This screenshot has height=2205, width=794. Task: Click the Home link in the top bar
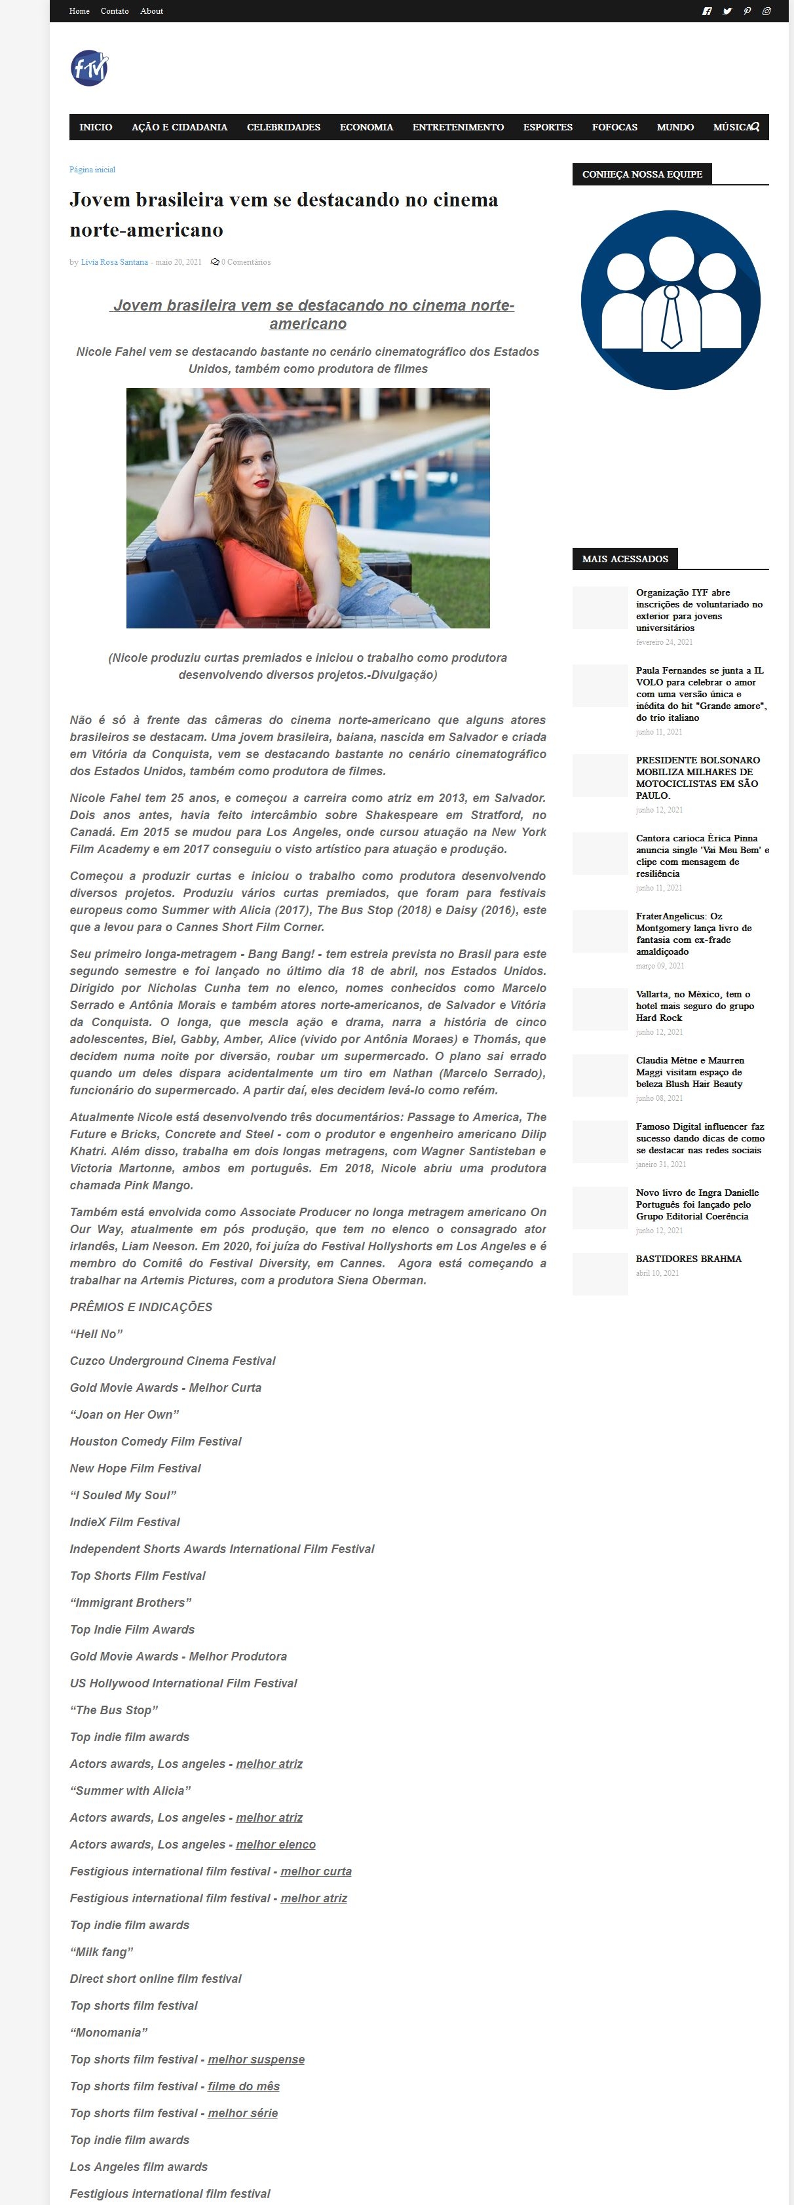pyautogui.click(x=79, y=11)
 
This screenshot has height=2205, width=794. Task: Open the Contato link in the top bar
pyautogui.click(x=115, y=11)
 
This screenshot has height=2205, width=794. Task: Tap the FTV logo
pyautogui.click(x=89, y=69)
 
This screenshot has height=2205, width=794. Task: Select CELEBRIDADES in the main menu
pyautogui.click(x=283, y=126)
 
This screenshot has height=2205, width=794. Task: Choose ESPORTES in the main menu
pyautogui.click(x=548, y=126)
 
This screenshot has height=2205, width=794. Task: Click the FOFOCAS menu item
pyautogui.click(x=614, y=126)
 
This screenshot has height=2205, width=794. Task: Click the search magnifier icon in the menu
pyautogui.click(x=755, y=126)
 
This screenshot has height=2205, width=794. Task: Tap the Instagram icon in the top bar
pyautogui.click(x=766, y=11)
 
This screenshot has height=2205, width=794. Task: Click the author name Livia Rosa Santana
pyautogui.click(x=114, y=262)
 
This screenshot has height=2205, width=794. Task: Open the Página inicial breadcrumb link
pyautogui.click(x=92, y=170)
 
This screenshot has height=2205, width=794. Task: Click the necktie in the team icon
pyautogui.click(x=671, y=316)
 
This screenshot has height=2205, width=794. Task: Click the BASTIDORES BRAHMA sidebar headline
pyautogui.click(x=689, y=1258)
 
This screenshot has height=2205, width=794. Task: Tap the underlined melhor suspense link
pyautogui.click(x=256, y=2059)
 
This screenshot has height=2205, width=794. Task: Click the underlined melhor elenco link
pyautogui.click(x=276, y=1844)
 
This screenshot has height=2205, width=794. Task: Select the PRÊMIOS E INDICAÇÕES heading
pyautogui.click(x=141, y=1306)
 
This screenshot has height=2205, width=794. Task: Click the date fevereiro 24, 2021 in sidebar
pyautogui.click(x=664, y=642)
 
